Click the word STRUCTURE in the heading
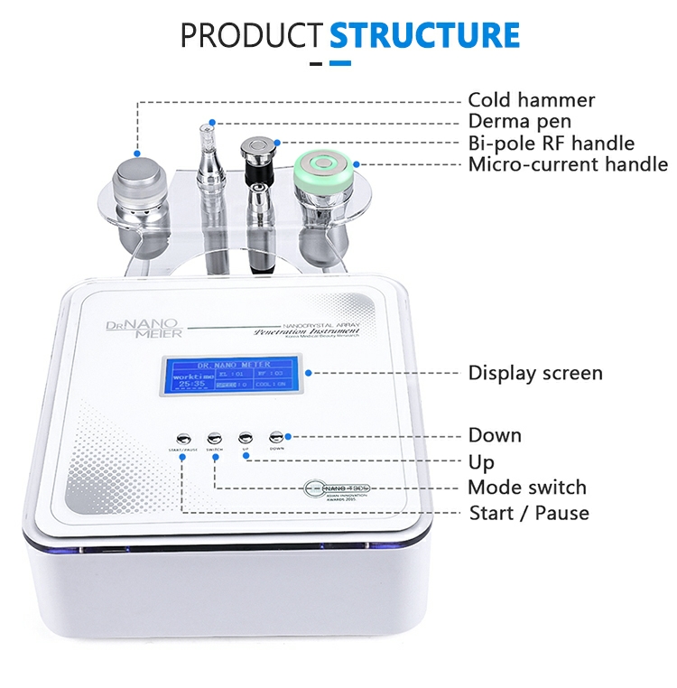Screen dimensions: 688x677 tap(424, 34)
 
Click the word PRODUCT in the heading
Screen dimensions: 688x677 tap(251, 34)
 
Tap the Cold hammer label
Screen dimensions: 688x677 tap(531, 100)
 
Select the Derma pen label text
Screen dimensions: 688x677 tap(519, 122)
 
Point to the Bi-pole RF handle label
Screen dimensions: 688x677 tap(551, 144)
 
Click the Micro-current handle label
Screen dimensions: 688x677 tap(568, 165)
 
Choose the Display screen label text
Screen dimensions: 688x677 tap(534, 373)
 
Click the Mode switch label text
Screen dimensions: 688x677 tap(526, 488)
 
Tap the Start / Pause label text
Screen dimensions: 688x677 tap(528, 513)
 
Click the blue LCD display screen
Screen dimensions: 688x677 tap(236, 373)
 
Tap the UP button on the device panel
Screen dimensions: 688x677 tap(245, 433)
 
